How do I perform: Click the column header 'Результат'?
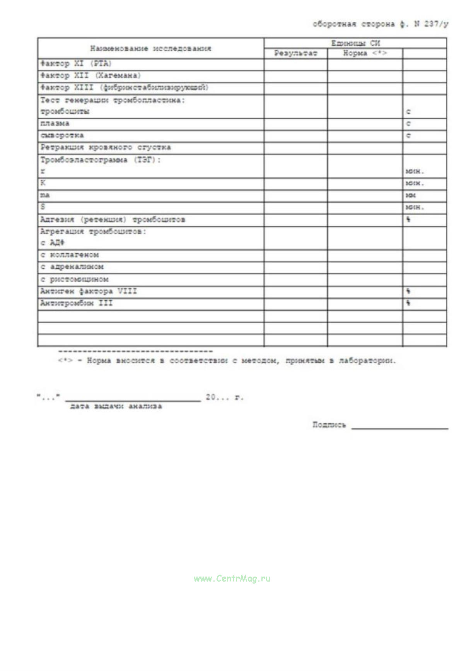coord(296,53)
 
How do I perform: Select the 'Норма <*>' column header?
coord(365,53)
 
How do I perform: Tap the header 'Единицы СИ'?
coord(355,43)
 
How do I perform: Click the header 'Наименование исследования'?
coord(151,49)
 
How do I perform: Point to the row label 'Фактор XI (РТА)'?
coord(76,64)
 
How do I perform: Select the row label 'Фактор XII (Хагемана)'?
coord(90,76)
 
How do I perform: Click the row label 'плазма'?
coord(55,124)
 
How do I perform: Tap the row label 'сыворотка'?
coord(62,136)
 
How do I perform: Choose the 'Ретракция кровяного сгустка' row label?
coord(106,148)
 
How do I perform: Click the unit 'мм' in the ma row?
coord(411,196)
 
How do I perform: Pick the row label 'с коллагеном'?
coord(70,255)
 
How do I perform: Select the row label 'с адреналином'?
coord(72,267)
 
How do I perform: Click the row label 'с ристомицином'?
coord(74,279)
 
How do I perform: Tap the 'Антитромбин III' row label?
coord(77,303)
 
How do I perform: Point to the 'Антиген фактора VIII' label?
coord(89,291)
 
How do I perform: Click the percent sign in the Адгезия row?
coord(408,220)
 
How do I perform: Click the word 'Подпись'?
coord(329,425)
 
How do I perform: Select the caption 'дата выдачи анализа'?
coord(116,407)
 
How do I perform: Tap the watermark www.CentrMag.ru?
coord(232,579)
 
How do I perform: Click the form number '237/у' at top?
coord(436,24)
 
